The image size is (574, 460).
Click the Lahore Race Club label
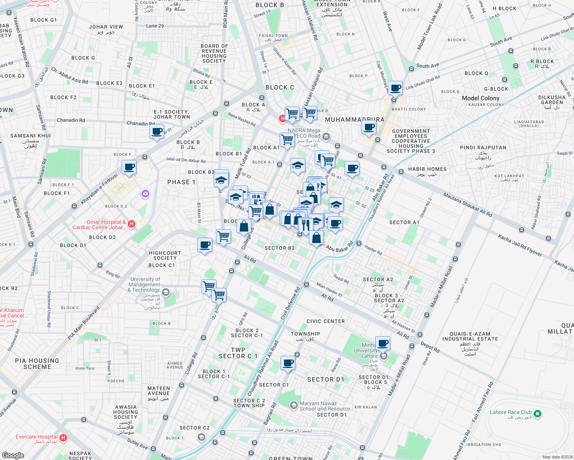511,412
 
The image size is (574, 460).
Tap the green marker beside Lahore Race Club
538,414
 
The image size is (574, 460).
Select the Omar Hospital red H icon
132,224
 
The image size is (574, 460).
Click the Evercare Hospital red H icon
64,437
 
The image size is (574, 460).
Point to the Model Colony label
480,98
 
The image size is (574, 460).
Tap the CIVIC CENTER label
325,321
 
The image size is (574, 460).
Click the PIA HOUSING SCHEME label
37,363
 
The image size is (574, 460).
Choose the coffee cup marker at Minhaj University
383,343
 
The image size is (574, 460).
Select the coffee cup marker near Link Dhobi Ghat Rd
395,88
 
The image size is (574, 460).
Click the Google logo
13,455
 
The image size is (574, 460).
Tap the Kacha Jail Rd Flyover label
520,245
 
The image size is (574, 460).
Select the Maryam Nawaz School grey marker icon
294,405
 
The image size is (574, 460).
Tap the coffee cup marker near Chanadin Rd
157,131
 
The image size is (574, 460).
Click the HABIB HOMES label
427,169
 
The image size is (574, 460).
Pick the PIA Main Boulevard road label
84,323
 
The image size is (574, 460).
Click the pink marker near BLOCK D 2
145,194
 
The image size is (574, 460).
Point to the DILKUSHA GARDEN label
552,100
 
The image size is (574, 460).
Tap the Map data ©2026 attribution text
556,457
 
